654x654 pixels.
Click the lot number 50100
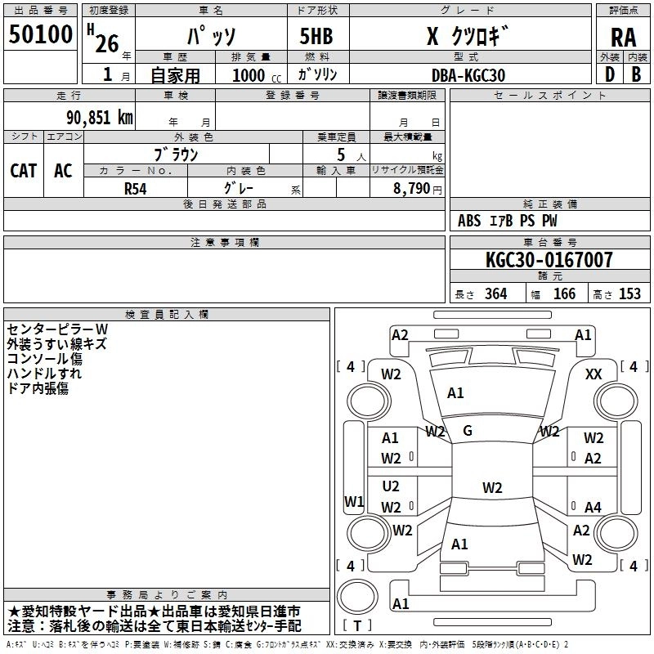(x=40, y=34)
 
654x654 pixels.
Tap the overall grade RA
(x=623, y=38)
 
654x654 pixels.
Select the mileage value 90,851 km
(x=99, y=118)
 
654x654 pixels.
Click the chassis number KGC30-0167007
(x=549, y=259)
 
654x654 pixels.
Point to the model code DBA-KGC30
(x=468, y=75)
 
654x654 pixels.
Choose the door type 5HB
(x=316, y=36)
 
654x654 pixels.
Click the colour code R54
(x=135, y=189)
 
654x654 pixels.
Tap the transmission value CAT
(x=24, y=171)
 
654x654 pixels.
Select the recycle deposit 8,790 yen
(x=417, y=189)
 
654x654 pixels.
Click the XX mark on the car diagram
(x=594, y=374)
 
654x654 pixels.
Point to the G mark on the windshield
(x=468, y=431)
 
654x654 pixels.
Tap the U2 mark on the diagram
(x=391, y=486)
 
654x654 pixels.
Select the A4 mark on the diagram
(x=593, y=507)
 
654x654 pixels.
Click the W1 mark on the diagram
(x=354, y=501)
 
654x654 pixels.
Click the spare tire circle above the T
(x=357, y=597)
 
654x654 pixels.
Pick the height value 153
(x=629, y=294)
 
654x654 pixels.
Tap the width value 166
(x=564, y=294)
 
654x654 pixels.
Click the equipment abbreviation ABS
(x=469, y=221)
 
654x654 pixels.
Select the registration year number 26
(x=107, y=44)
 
